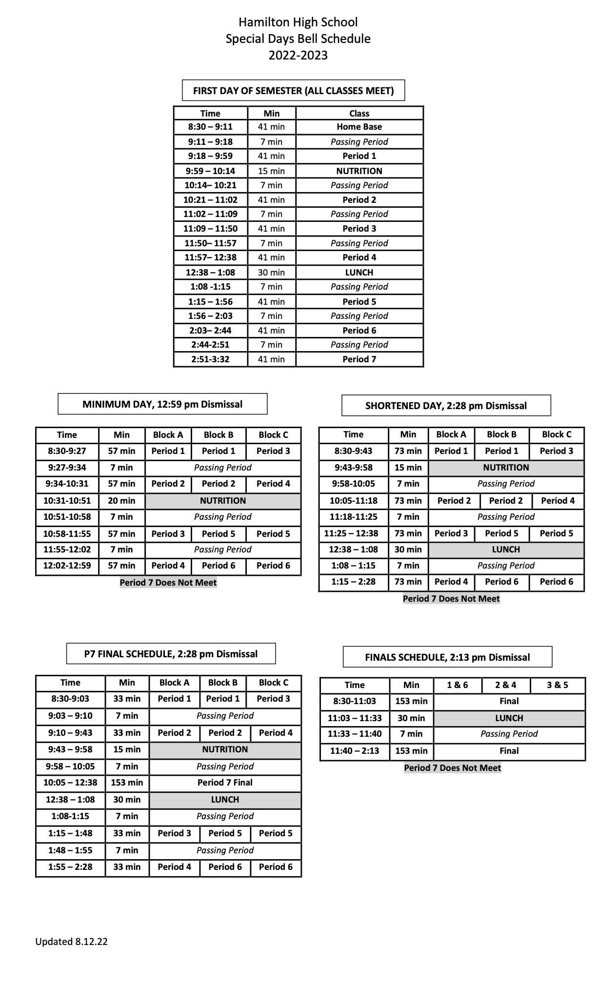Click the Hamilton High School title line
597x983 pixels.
pyautogui.click(x=298, y=22)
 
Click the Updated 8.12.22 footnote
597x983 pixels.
pyautogui.click(x=71, y=941)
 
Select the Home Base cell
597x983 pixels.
pyautogui.click(x=359, y=127)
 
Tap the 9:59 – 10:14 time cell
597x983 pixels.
pyautogui.click(x=210, y=171)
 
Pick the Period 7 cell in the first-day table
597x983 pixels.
pyautogui.click(x=359, y=359)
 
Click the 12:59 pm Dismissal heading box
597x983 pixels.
pyautogui.click(x=162, y=404)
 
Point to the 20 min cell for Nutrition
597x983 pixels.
pyautogui.click(x=121, y=501)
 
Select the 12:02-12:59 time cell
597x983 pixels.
pyautogui.click(x=67, y=566)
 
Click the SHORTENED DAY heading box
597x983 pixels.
pyautogui.click(x=446, y=406)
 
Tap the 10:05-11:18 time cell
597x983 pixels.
pyautogui.click(x=353, y=501)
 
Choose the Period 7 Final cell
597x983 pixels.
pyautogui.click(x=225, y=783)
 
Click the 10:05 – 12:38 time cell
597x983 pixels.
pyautogui.click(x=70, y=783)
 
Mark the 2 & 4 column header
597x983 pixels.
pyautogui.click(x=505, y=685)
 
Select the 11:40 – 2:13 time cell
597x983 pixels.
pyautogui.click(x=354, y=751)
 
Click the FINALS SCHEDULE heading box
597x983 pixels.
pyautogui.click(x=447, y=657)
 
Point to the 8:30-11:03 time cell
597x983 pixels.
pyautogui.click(x=354, y=701)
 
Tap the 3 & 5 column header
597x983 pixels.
pyautogui.click(x=557, y=685)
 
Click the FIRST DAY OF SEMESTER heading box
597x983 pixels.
pyautogui.click(x=293, y=91)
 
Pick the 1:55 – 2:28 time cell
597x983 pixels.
pyautogui.click(x=70, y=867)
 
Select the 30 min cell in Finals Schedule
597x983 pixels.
pyautogui.click(x=411, y=718)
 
